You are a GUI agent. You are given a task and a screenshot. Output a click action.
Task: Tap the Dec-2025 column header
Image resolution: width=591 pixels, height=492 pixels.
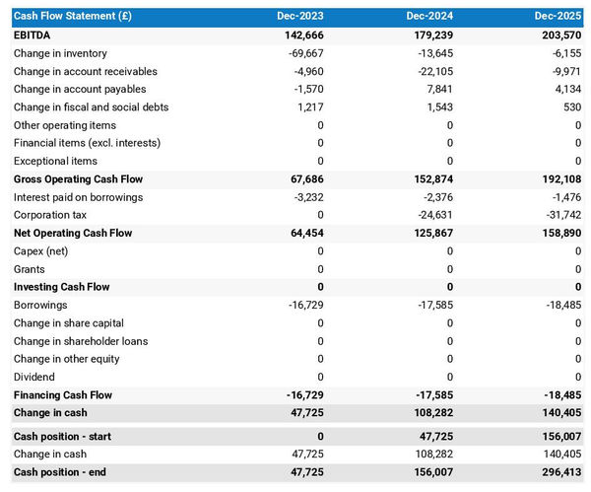(558, 17)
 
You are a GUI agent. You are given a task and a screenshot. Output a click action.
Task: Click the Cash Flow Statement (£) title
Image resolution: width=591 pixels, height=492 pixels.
(73, 17)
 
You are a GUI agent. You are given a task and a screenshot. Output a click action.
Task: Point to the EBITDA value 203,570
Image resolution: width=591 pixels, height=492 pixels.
(559, 35)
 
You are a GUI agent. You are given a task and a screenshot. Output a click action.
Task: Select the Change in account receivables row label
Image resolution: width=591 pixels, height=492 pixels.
(86, 71)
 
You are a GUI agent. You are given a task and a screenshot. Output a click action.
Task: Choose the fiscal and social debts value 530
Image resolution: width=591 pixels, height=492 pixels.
(570, 106)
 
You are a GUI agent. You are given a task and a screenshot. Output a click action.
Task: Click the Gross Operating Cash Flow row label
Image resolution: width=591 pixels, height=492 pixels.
(78, 179)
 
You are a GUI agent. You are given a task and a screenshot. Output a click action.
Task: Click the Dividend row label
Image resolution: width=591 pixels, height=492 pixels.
(34, 377)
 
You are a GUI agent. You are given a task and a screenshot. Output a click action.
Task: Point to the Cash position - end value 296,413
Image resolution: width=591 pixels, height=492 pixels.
(559, 472)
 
